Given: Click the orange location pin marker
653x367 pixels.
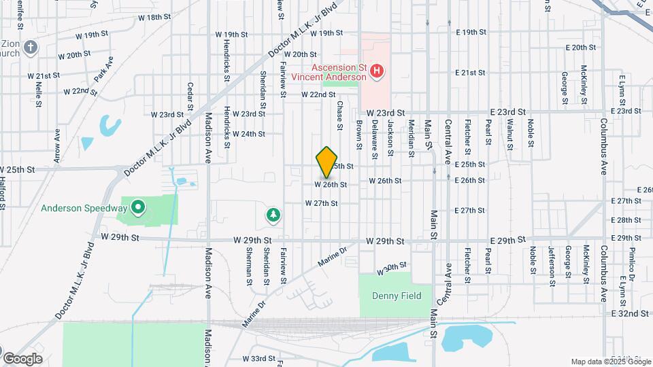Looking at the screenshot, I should pos(326,162).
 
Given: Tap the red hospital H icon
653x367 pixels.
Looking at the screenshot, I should pos(378,70).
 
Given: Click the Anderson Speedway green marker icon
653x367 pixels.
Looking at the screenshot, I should pos(138,206).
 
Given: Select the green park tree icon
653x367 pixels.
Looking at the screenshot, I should pos(274,215).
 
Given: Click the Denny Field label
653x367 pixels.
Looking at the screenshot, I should pos(397,296).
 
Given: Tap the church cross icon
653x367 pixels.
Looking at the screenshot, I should pos(30,48).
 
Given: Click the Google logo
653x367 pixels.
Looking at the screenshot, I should pos(22,358).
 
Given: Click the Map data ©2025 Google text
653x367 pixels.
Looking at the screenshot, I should pos(609,362).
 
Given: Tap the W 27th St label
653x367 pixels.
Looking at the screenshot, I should pos(322,203).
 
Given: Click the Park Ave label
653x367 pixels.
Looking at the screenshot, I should pos(104,69).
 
